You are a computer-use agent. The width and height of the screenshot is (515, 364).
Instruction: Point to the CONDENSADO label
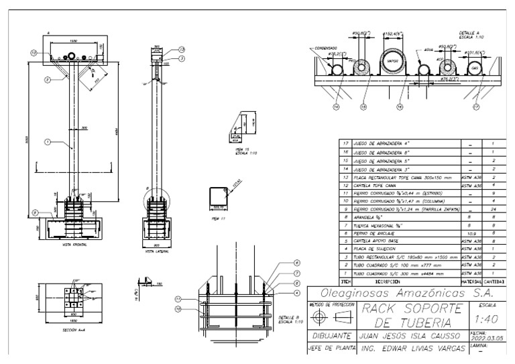click(x=325, y=48)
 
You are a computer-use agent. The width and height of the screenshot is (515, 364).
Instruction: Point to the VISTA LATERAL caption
click(x=156, y=252)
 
